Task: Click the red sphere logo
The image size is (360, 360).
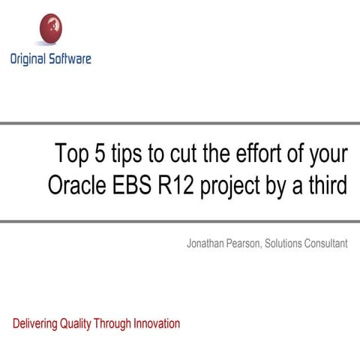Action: click(x=50, y=29)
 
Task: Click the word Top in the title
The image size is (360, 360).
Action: click(x=70, y=154)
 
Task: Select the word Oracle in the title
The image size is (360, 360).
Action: click(x=75, y=185)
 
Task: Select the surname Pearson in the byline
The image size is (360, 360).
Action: click(x=246, y=244)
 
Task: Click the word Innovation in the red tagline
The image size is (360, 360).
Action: click(x=157, y=324)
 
